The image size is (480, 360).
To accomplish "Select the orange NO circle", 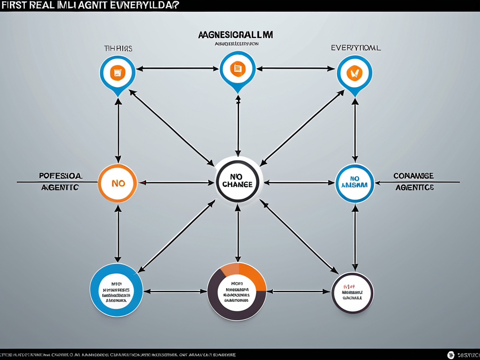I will [x=118, y=183].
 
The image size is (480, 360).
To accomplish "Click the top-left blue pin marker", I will [x=118, y=74].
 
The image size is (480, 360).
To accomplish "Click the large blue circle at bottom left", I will [x=116, y=290].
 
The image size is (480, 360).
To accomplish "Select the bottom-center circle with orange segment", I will [x=237, y=291].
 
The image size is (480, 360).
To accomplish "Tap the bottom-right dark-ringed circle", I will [x=352, y=293].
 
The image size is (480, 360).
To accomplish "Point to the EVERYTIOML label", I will [x=356, y=48].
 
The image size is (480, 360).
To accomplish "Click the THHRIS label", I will [x=118, y=48].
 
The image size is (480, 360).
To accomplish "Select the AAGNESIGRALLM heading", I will [x=236, y=35].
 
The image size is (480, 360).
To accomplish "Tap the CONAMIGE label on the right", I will [x=413, y=176].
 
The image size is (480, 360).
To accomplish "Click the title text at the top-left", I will [x=89, y=5].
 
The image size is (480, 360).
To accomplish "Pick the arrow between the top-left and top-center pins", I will [x=178, y=68].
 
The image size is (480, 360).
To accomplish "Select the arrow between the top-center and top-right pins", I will [x=295, y=68].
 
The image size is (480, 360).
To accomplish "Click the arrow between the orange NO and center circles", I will [x=176, y=183].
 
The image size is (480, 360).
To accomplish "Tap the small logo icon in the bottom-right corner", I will [x=451, y=355].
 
